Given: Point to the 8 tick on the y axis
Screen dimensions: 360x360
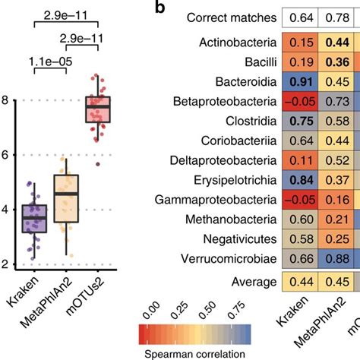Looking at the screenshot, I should [x=6, y=99].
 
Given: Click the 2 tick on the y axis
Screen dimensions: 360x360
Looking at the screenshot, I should [x=6, y=264].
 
